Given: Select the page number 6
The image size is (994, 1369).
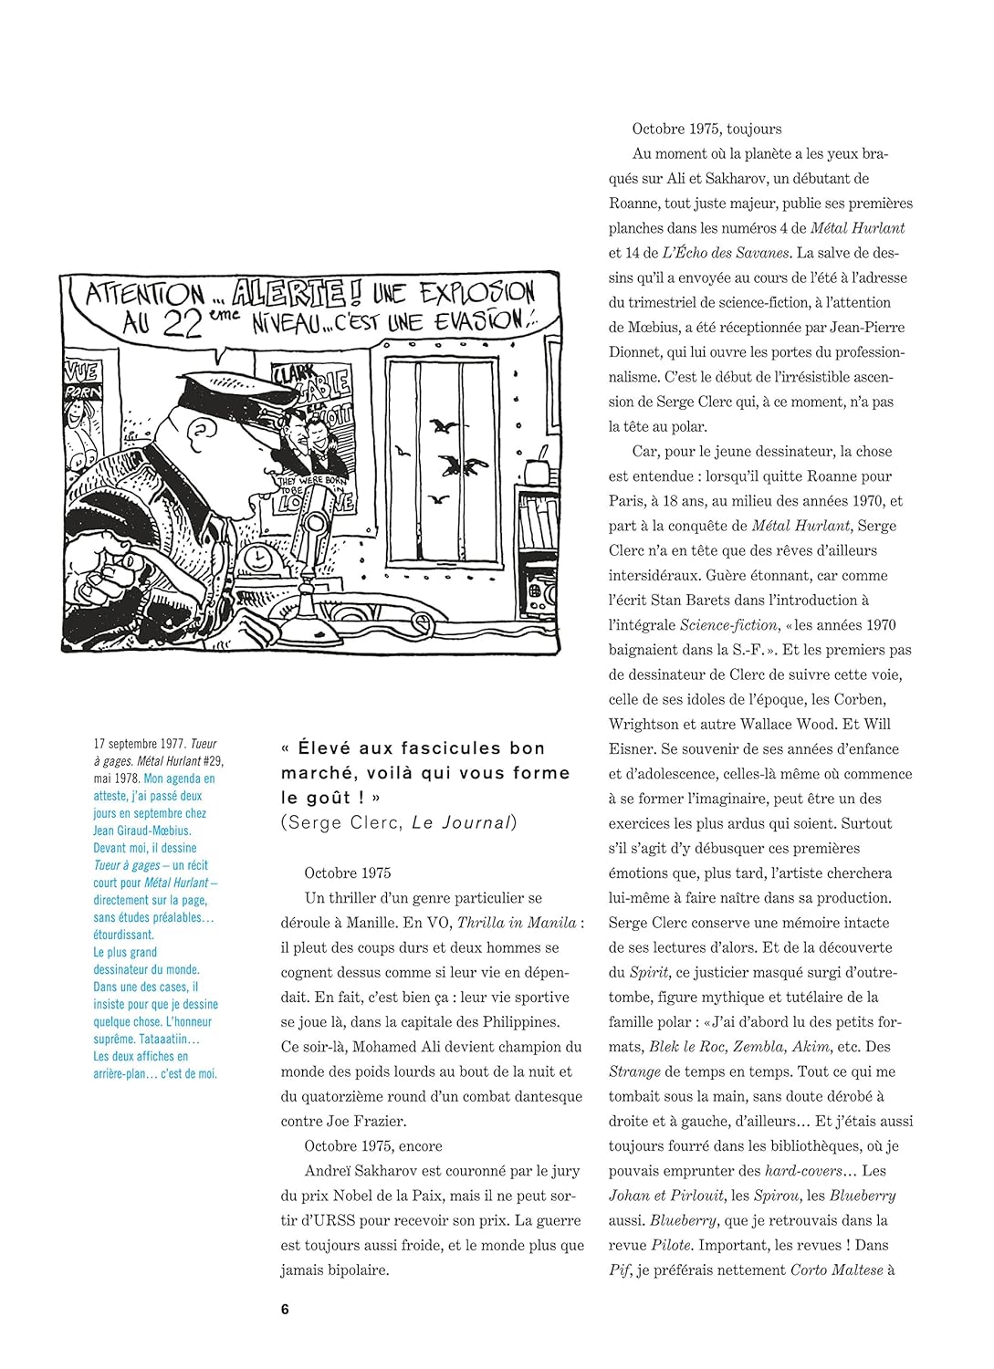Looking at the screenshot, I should point(285,1309).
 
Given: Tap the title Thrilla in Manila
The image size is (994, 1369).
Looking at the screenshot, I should point(517,922).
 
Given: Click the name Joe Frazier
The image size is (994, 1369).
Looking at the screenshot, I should point(366,1121).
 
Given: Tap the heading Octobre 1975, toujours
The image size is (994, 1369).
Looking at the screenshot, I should point(706,129).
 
